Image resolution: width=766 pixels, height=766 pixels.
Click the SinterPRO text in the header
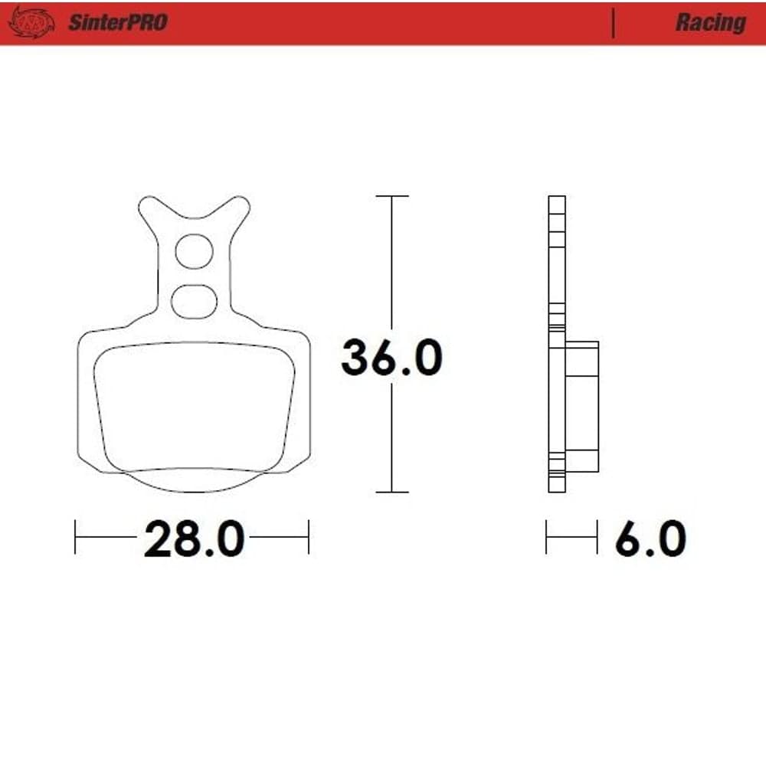tap(118, 22)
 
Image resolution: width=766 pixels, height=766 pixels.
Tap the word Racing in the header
tap(711, 23)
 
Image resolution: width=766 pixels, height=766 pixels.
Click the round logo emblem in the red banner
tap(32, 22)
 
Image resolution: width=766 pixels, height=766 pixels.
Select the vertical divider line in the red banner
tap(613, 23)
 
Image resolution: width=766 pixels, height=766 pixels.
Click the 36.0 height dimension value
tap(391, 357)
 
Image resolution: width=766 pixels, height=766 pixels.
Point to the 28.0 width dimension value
tap(194, 538)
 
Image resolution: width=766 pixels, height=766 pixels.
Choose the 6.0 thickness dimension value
tap(650, 538)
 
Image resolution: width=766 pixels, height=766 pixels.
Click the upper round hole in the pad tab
tap(194, 251)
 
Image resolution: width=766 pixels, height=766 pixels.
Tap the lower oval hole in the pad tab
tap(194, 301)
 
